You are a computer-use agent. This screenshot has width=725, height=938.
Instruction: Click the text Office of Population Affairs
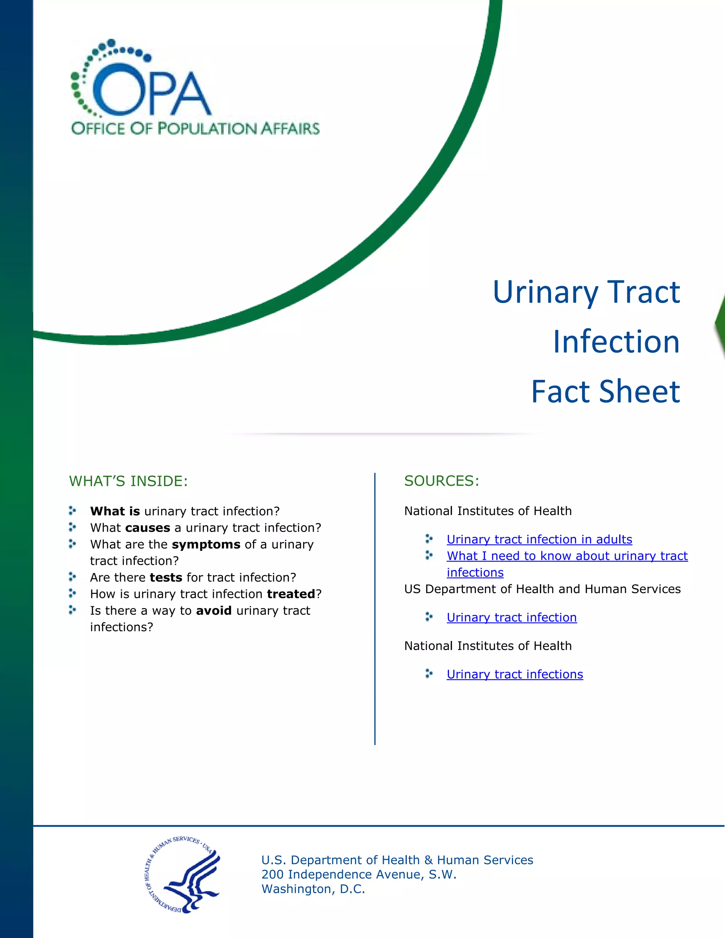(x=195, y=128)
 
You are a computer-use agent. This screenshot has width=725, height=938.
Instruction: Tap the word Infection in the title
(x=616, y=342)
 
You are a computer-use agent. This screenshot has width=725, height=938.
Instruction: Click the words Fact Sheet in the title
(x=606, y=392)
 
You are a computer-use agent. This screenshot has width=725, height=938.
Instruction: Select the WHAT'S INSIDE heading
(x=129, y=481)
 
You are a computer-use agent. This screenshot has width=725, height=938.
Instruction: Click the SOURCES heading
(x=441, y=481)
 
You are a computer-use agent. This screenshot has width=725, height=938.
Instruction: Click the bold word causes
(x=148, y=528)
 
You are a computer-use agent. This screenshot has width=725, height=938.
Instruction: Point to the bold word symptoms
(x=206, y=545)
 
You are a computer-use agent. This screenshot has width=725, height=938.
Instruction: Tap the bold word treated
(x=291, y=594)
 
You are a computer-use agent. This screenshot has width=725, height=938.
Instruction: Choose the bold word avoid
(x=214, y=611)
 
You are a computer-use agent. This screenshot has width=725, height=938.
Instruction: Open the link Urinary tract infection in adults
(x=539, y=539)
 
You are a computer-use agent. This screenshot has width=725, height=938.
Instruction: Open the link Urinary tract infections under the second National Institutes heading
(x=514, y=674)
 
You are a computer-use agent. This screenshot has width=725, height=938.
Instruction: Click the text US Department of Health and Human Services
(x=542, y=589)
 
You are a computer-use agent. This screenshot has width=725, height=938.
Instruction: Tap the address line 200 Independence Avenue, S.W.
(x=359, y=874)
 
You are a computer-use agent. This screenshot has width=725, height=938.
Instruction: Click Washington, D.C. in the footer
(x=313, y=889)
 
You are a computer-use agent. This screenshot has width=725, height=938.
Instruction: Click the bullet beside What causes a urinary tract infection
(x=72, y=527)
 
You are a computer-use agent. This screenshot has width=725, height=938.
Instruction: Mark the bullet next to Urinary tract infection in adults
(x=429, y=539)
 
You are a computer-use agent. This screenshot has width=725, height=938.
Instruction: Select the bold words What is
(x=115, y=511)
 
